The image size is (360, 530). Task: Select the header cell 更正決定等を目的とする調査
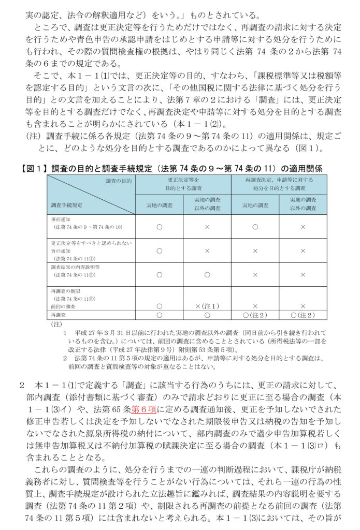(183, 184)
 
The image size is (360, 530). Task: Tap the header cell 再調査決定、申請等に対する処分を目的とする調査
(279, 184)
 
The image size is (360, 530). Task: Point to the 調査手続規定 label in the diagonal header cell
(66, 205)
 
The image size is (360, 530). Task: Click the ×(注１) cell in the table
(207, 306)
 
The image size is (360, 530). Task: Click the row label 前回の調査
(63, 306)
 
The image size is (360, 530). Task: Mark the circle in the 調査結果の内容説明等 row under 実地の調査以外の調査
(207, 274)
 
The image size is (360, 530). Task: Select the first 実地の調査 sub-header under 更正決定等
(159, 205)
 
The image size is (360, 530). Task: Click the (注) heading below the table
(56, 324)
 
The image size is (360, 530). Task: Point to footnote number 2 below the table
(65, 357)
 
